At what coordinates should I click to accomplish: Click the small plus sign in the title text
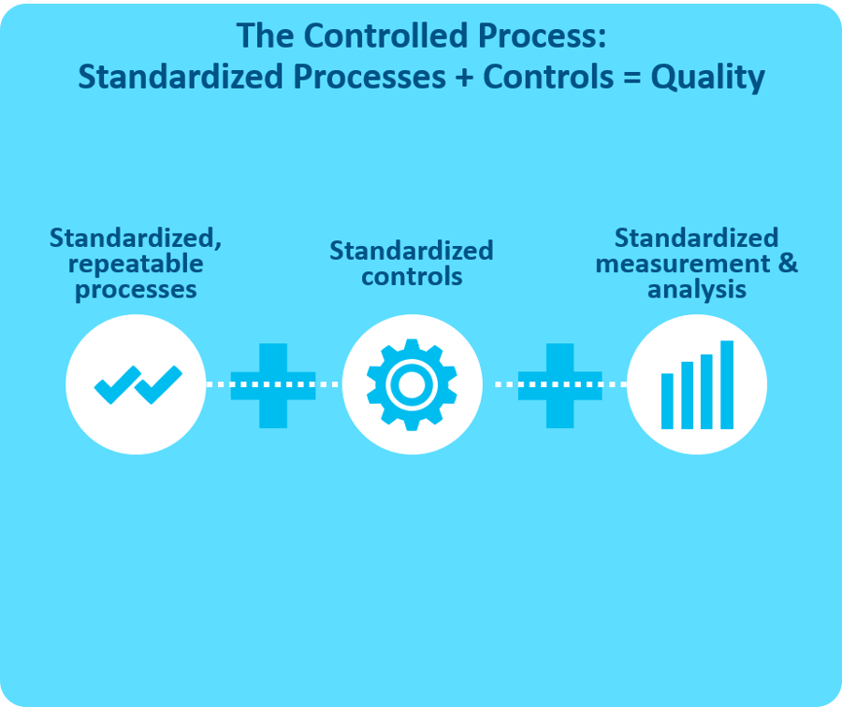pos(464,78)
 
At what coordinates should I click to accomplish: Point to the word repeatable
pos(136,264)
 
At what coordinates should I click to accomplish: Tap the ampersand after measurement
pos(788,263)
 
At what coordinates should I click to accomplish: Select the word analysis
pos(696,289)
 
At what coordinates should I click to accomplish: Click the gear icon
pos(412,383)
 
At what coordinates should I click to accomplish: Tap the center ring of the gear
pos(412,383)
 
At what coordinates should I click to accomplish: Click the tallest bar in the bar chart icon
pos(726,384)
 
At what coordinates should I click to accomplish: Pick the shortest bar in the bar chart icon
pos(667,400)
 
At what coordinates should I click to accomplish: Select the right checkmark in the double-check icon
pos(159,383)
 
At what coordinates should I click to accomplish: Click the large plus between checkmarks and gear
pos(273,384)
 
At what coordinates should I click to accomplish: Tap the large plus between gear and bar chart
pos(559,384)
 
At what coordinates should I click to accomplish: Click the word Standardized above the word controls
pos(411,251)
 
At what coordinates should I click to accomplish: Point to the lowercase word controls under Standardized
pos(412,277)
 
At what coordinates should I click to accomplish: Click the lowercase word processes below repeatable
pos(136,289)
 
